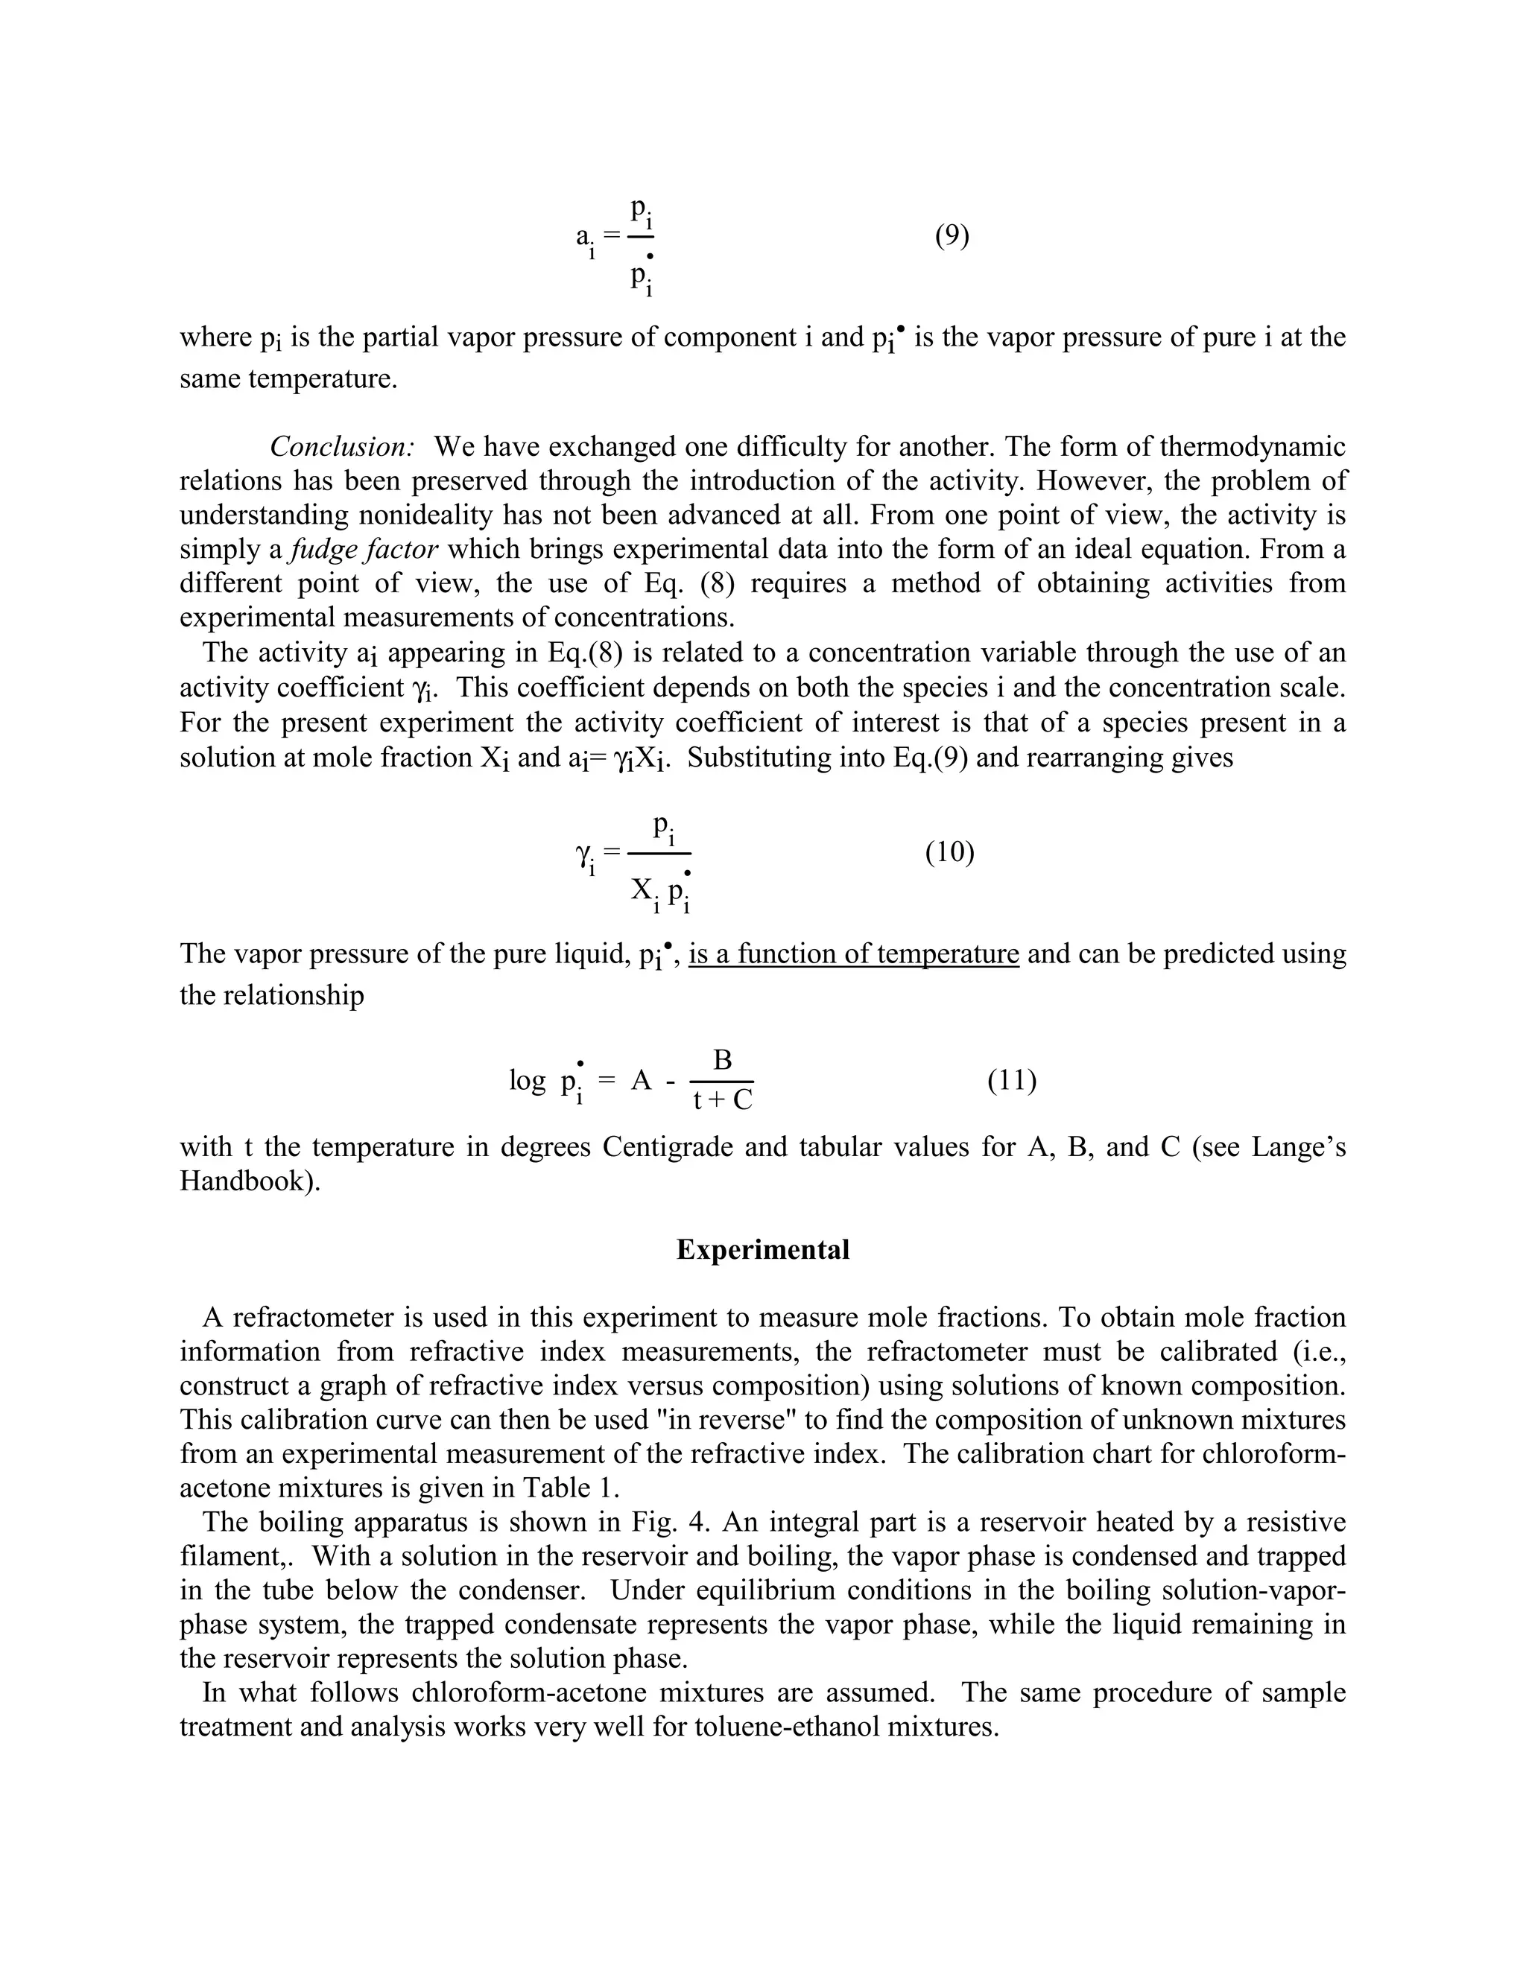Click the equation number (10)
[949, 852]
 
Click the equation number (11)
[1012, 1080]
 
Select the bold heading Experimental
[762, 1250]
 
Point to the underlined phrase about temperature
[853, 954]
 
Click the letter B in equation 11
[722, 1060]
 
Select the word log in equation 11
[527, 1080]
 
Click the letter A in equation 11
[641, 1080]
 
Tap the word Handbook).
[250, 1181]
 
